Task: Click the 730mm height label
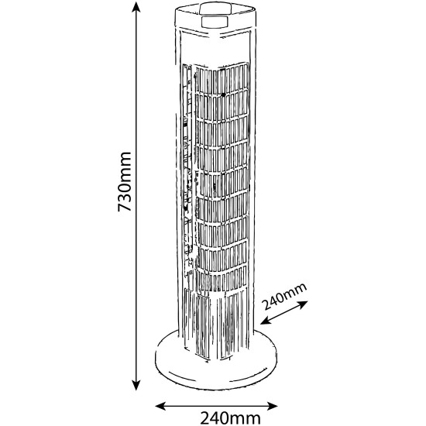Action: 125,181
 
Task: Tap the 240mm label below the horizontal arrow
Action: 230,418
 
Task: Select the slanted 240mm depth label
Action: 285,296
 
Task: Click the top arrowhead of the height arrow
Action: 136,7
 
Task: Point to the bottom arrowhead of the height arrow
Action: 136,385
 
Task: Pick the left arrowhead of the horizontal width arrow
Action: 160,407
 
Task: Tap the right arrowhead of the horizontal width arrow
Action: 272,407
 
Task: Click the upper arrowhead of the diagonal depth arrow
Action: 303,304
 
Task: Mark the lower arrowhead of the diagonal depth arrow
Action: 266,321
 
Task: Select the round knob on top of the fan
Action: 215,9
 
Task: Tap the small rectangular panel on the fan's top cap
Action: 215,22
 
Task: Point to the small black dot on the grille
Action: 223,94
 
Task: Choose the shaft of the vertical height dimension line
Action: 136,196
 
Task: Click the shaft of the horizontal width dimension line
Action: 216,407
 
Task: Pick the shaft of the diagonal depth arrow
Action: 284,312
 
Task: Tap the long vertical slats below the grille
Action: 215,322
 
